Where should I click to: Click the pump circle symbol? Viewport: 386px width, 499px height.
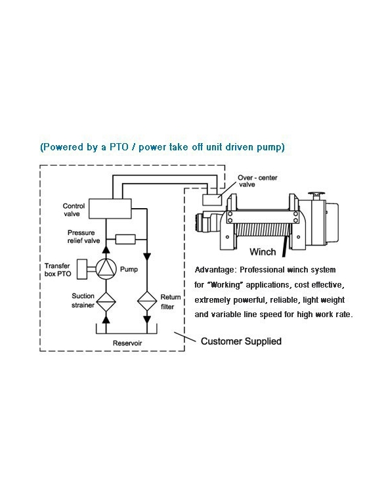pos(106,268)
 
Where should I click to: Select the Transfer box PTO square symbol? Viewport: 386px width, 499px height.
pos(82,268)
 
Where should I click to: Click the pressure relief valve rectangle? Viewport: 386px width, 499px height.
pos(124,239)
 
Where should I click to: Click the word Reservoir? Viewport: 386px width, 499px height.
pos(127,343)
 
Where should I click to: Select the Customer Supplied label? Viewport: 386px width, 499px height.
pos(241,341)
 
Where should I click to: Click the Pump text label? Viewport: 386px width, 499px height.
pos(128,269)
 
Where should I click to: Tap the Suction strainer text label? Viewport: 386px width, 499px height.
pos(83,300)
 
